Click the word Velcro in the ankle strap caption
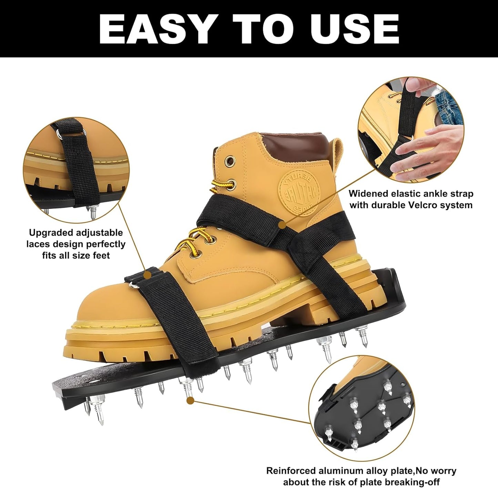[423, 205]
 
